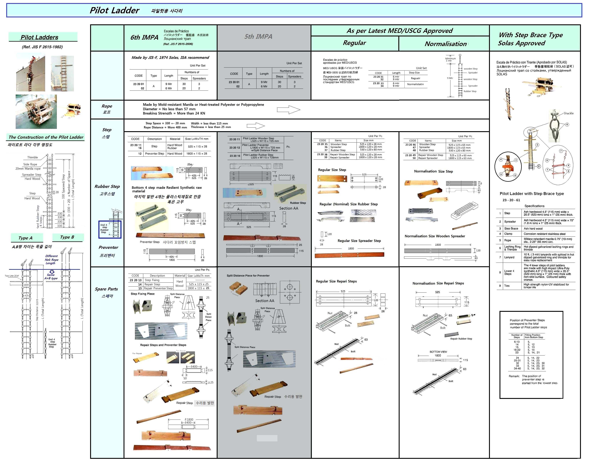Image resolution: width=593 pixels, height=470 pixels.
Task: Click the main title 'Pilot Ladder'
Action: (x=114, y=10)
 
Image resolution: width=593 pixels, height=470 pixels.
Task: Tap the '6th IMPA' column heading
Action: (x=144, y=37)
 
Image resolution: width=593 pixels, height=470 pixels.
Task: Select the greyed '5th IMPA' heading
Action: (x=258, y=37)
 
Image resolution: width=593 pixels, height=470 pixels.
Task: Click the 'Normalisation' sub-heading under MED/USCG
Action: (x=446, y=44)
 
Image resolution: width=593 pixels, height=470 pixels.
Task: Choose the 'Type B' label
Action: (x=67, y=237)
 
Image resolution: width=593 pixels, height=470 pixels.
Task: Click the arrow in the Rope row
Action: (x=288, y=110)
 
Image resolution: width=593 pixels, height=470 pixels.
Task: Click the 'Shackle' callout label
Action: (x=568, y=113)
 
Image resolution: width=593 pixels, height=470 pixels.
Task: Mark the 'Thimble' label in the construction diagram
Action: (x=33, y=157)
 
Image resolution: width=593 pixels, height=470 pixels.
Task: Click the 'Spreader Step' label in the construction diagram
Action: (x=32, y=175)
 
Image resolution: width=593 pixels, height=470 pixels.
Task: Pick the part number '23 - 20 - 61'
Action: (x=511, y=200)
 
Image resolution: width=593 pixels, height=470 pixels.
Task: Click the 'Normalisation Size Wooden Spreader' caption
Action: (x=435, y=236)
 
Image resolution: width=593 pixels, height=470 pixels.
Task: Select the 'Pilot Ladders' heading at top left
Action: (x=40, y=37)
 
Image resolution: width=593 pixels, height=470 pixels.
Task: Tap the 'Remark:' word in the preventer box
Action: (x=514, y=376)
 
